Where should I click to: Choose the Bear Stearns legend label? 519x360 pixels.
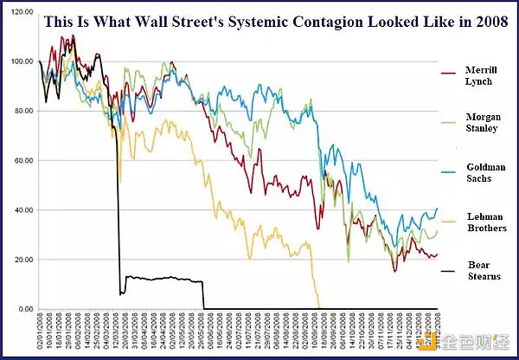click(480, 270)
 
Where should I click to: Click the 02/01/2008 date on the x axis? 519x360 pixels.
click(39, 332)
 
